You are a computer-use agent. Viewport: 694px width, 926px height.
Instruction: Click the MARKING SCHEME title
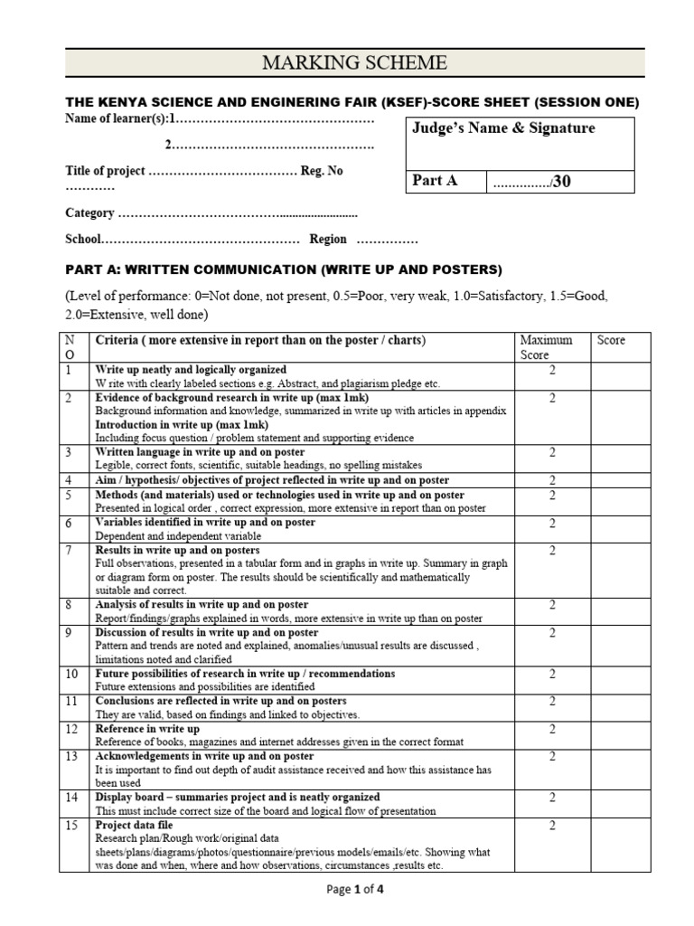354,62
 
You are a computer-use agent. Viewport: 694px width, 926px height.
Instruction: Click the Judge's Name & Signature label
503,128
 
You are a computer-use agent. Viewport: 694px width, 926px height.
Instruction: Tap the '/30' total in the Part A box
561,182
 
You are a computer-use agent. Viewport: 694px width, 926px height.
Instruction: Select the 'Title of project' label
104,171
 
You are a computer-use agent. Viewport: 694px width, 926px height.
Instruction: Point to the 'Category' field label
89,213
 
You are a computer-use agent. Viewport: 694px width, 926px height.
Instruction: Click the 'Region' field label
328,240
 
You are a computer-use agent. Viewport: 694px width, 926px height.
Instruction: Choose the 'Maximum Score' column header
546,347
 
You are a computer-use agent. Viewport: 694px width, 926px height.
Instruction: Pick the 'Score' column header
611,341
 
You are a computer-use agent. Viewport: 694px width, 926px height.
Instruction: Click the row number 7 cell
69,550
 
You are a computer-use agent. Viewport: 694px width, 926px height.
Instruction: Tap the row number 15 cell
71,826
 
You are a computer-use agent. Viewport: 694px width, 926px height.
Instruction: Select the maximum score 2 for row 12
552,729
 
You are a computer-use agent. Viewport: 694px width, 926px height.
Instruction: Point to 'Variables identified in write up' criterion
205,523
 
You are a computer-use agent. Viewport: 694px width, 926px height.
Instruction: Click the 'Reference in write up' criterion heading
147,729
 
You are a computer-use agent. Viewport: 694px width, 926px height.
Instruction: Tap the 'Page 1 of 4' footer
354,890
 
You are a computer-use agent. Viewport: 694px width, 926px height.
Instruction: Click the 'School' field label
82,240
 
